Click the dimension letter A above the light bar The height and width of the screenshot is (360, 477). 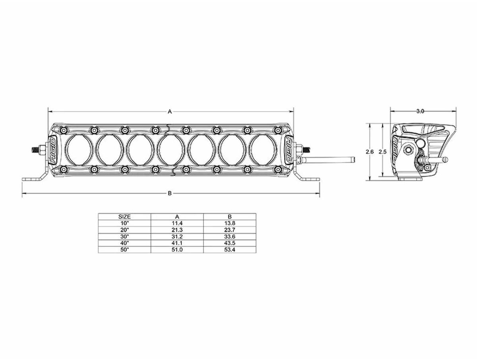click(170, 112)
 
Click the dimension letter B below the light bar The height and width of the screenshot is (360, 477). click(170, 193)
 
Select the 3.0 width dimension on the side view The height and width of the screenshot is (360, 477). click(420, 111)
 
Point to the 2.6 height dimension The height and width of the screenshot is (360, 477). click(369, 152)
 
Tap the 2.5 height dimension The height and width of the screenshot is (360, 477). click(382, 152)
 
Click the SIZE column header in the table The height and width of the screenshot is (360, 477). click(124, 217)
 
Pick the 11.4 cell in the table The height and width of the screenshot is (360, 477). click(177, 223)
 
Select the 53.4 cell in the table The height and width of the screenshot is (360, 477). click(230, 250)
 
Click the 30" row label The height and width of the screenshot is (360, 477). click(124, 236)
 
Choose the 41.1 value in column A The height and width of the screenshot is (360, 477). click(177, 243)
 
